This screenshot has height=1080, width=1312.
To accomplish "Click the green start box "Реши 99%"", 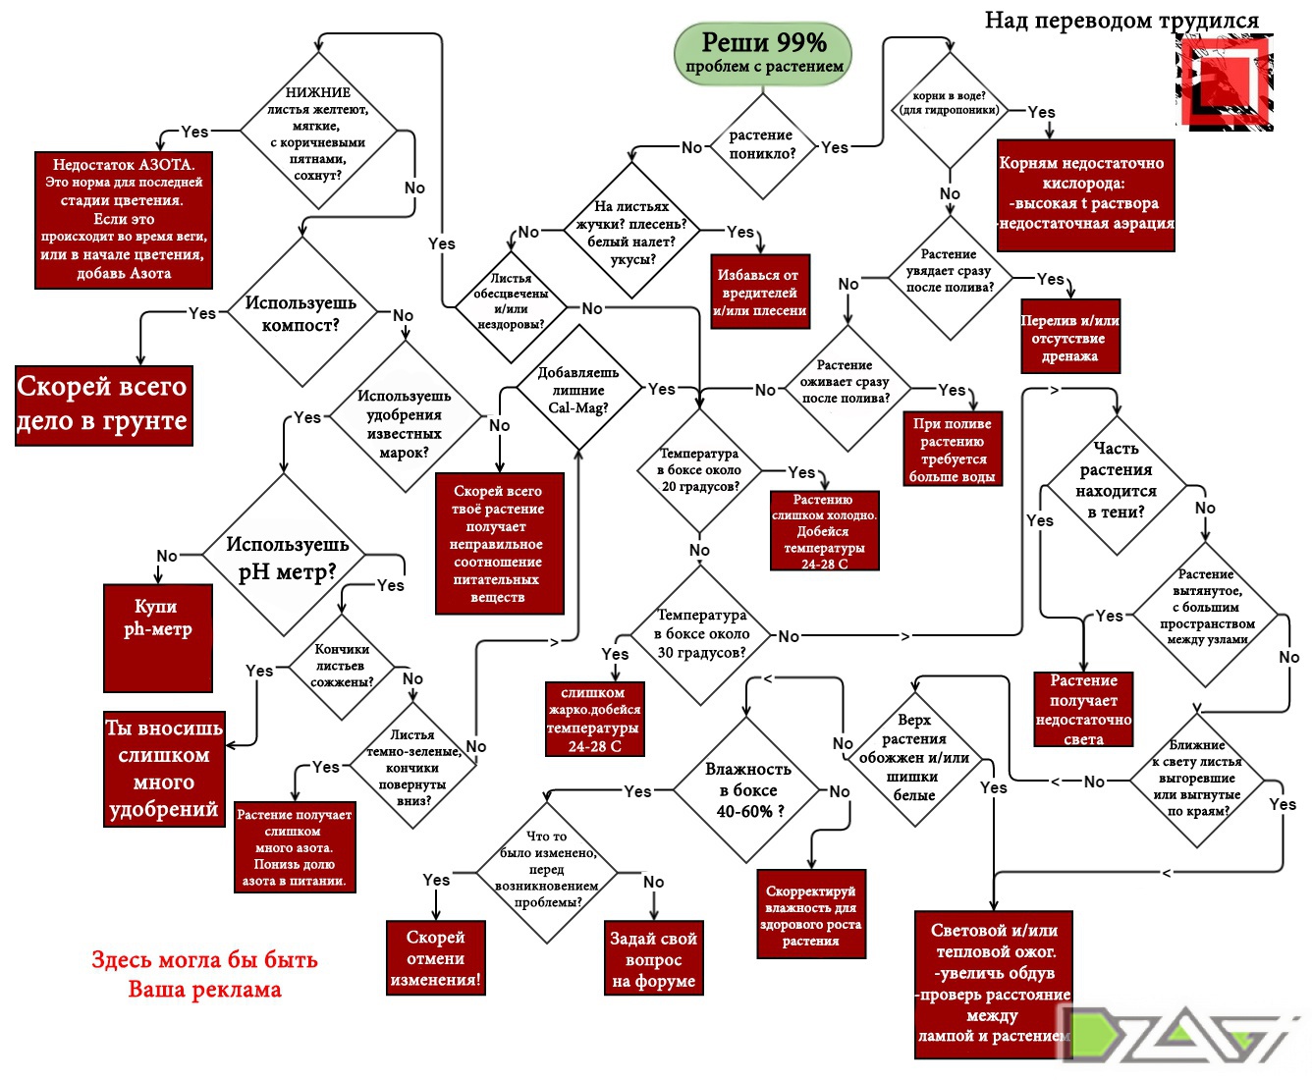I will click(x=763, y=53).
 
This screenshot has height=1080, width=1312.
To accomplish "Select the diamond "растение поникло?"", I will click(x=761, y=145).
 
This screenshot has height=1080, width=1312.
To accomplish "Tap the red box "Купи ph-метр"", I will click(x=157, y=637).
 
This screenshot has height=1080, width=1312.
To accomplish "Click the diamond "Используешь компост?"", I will click(x=301, y=313).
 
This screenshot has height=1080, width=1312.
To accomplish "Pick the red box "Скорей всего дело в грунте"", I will click(x=103, y=405).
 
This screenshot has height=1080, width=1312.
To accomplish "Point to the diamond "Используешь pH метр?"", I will click(x=287, y=558).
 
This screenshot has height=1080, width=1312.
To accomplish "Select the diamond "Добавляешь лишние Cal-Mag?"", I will click(x=578, y=390).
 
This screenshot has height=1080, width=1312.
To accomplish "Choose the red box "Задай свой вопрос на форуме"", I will click(x=653, y=959).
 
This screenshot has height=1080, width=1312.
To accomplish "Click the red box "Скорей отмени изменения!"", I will click(x=435, y=958).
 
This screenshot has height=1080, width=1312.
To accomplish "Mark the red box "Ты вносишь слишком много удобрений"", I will click(x=164, y=769).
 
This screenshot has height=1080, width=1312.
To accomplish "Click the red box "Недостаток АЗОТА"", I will click(x=124, y=219).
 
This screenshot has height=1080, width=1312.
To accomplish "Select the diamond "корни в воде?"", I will click(x=949, y=110).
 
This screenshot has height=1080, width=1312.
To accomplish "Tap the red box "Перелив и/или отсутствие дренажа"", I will click(x=1069, y=338).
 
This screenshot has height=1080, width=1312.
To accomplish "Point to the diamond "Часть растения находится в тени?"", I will click(x=1116, y=481).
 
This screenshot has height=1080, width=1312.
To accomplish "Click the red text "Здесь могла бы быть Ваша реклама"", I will click(x=204, y=974).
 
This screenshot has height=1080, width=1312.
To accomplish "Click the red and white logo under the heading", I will click(x=1225, y=82).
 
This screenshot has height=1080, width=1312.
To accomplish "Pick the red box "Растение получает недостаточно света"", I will click(x=1083, y=709).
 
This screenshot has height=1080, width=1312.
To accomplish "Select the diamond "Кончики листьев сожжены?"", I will click(x=342, y=666).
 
